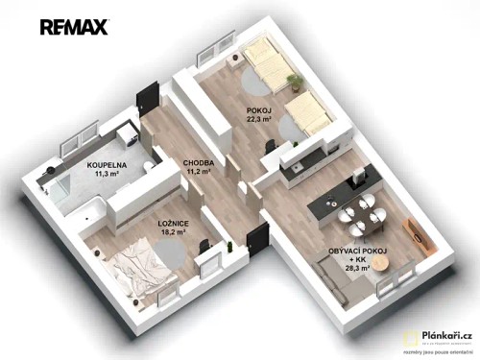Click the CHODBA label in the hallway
point(198,163)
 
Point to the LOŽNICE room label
point(172,222)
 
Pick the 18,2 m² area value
point(173,232)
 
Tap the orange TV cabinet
point(419,231)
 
